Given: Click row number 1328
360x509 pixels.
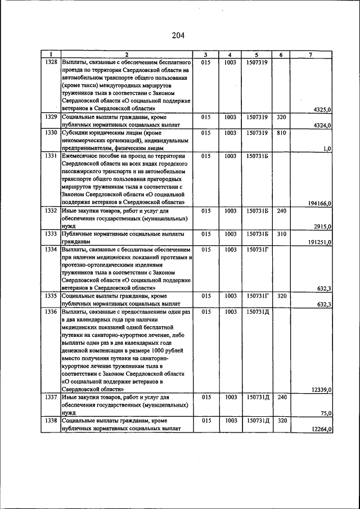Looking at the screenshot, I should (51, 62).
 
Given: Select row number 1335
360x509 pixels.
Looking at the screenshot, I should (51, 296).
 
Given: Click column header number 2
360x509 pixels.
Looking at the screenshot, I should (127, 55).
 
